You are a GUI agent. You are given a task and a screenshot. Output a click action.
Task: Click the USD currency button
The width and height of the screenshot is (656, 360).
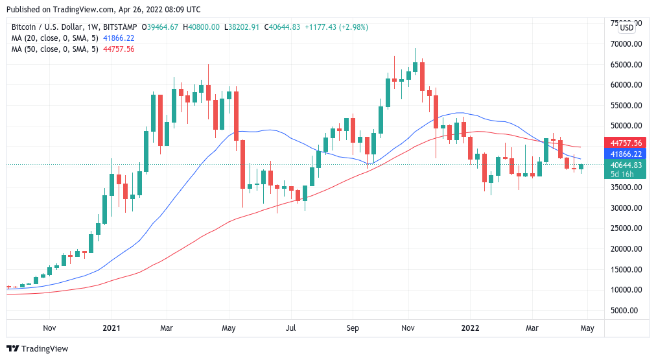626,27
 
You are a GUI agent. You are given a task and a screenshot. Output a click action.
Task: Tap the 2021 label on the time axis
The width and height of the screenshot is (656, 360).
112,328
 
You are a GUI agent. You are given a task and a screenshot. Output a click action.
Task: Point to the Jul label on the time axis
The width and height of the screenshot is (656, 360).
290,328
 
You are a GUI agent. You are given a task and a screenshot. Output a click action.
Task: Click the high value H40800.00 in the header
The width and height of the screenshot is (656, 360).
203,27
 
